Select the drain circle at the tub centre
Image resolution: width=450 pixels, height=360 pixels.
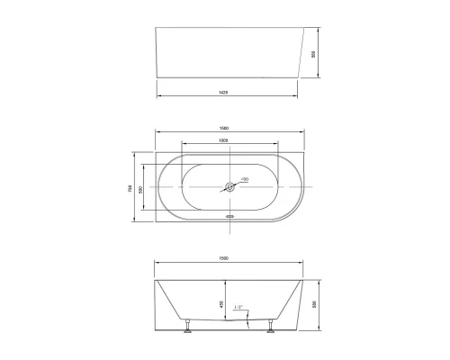pos(230,188)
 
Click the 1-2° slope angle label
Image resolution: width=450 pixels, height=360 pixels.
pos(238,309)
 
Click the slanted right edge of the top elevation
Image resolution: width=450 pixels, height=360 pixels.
pos(297,56)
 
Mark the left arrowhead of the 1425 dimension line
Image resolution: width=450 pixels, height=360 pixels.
pos(159,95)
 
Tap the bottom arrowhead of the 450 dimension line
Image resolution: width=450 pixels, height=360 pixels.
pos(228,323)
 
